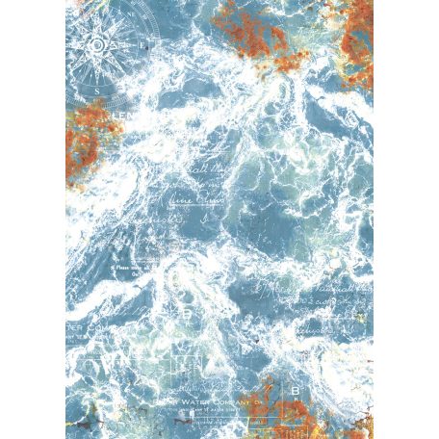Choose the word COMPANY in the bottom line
(x=234, y=402)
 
